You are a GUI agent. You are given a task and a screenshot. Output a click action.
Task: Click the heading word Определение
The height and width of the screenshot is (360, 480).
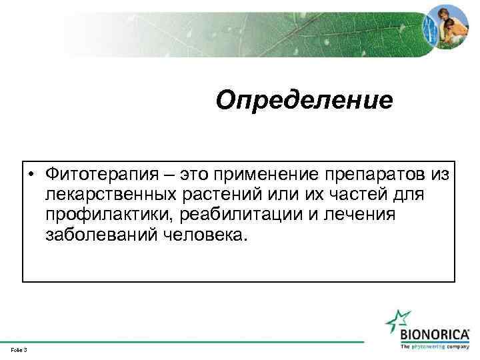305,101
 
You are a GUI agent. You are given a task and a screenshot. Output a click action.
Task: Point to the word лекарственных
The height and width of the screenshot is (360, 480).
111,195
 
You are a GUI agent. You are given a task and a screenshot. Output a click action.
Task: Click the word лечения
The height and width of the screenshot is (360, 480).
361,215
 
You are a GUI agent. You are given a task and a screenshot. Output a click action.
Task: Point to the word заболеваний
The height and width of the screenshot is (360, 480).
100,235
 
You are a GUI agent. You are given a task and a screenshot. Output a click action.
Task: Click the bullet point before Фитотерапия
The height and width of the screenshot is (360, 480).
32,175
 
